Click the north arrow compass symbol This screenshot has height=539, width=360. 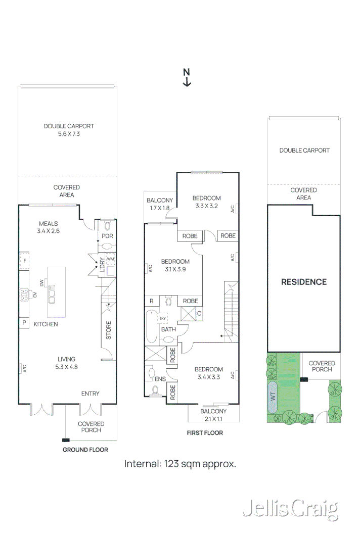click(187, 78)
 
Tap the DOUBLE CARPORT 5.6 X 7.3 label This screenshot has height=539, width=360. click(69, 130)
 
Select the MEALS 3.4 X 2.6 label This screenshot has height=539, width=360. click(49, 227)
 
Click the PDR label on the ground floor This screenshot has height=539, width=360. click(107, 236)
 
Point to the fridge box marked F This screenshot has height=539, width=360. click(24, 261)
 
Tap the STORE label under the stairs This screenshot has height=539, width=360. click(108, 330)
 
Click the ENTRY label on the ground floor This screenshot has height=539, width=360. click(91, 394)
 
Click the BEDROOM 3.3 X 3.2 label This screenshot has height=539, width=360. click(207, 202)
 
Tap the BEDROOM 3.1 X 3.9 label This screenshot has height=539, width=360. click(175, 265)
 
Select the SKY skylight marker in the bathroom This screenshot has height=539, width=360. click(162, 319)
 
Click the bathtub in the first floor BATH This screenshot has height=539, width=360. click(151, 327)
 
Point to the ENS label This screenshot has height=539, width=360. click(160, 378)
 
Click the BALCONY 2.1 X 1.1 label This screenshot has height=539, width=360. click(212, 415)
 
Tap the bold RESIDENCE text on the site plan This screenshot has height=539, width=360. click(304, 282)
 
